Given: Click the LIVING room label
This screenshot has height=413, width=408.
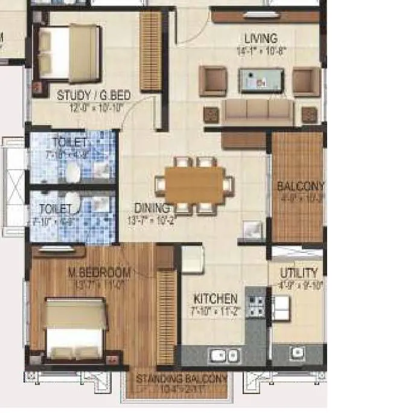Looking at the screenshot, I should click(x=261, y=39).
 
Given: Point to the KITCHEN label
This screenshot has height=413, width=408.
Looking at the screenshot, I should click(x=215, y=299).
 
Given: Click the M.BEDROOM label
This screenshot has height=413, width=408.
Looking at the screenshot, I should click(x=100, y=274).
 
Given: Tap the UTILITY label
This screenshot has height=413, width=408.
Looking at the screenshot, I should click(x=298, y=273).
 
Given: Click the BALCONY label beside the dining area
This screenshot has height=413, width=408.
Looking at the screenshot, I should click(x=300, y=186).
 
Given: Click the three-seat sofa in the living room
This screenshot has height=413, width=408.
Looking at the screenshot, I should click(x=257, y=112).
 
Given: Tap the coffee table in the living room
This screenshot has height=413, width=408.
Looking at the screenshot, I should click(x=261, y=80).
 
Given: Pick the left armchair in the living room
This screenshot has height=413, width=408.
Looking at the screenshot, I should click(x=212, y=81).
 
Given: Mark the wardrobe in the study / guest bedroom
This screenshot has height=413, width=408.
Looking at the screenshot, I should click(x=150, y=51).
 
